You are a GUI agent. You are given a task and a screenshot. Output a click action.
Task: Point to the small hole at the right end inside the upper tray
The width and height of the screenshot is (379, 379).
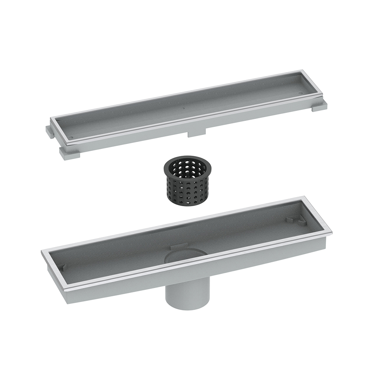(301, 91)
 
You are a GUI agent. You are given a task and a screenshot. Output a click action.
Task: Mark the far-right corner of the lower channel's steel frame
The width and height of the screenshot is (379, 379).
(332, 232)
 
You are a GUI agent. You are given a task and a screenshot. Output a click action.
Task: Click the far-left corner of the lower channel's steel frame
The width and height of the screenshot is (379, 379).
(42, 251)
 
